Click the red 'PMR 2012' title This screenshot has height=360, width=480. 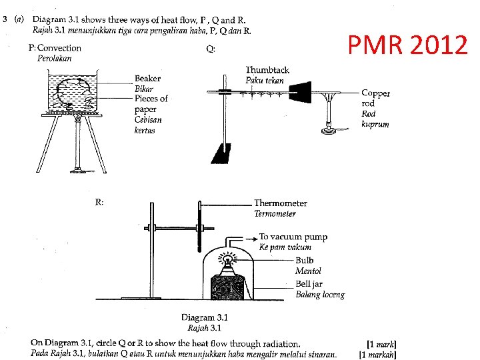pos(407,45)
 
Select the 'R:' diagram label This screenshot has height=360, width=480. pos(99,203)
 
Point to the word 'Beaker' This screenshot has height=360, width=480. pos(147,79)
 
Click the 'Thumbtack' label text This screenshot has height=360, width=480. pos(267,70)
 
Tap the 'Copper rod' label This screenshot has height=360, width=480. pos(375,98)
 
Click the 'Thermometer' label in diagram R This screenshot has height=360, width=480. pos(280,203)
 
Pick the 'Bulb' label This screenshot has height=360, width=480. pos(304,261)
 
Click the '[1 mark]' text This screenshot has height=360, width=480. pos(381,344)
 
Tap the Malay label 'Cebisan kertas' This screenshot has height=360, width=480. pos(148,125)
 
